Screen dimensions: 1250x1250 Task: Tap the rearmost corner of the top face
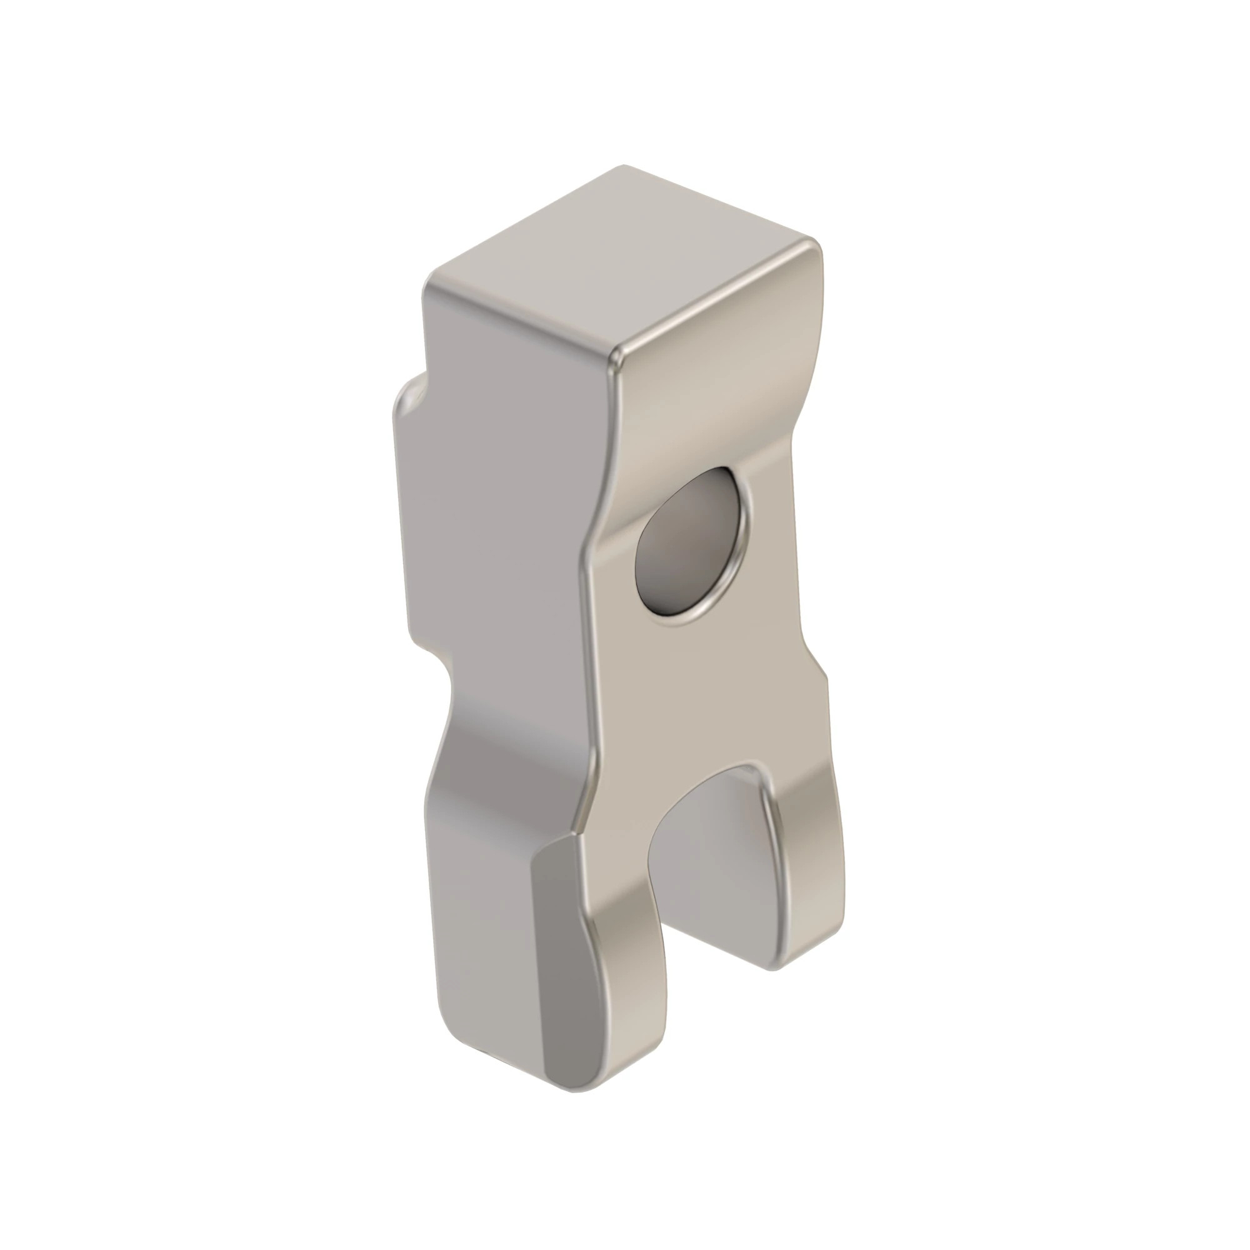624,167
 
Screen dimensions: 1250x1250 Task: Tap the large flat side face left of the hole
504,517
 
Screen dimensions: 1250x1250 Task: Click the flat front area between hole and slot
699,699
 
